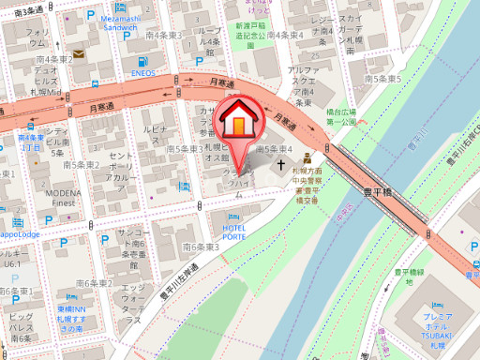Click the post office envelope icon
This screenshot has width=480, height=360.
pyautogui.click(x=78, y=54)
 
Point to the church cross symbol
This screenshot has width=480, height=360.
pyautogui.click(x=281, y=166)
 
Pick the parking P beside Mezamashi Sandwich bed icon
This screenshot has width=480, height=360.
pyautogui.click(x=91, y=17)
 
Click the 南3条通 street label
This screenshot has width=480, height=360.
pyautogui.click(x=29, y=9)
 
